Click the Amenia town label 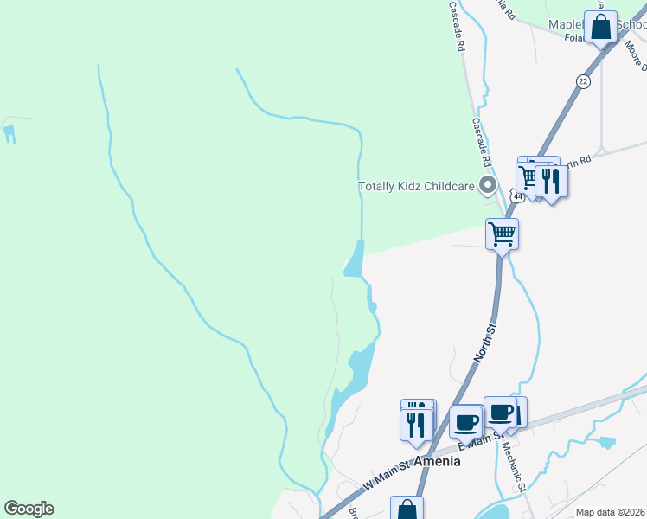point(437,461)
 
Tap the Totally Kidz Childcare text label point(417,186)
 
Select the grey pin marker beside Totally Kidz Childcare point(487,185)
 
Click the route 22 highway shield point(582,80)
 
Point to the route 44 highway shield point(517,196)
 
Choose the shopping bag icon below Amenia point(407,510)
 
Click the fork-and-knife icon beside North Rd point(551,180)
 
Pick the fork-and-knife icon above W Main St point(416,423)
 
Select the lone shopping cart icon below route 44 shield point(502,234)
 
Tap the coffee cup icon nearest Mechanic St point(501,412)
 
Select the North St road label point(486,343)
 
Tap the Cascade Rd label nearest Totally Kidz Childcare point(481,142)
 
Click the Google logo point(29,509)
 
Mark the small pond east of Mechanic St point(607,442)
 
